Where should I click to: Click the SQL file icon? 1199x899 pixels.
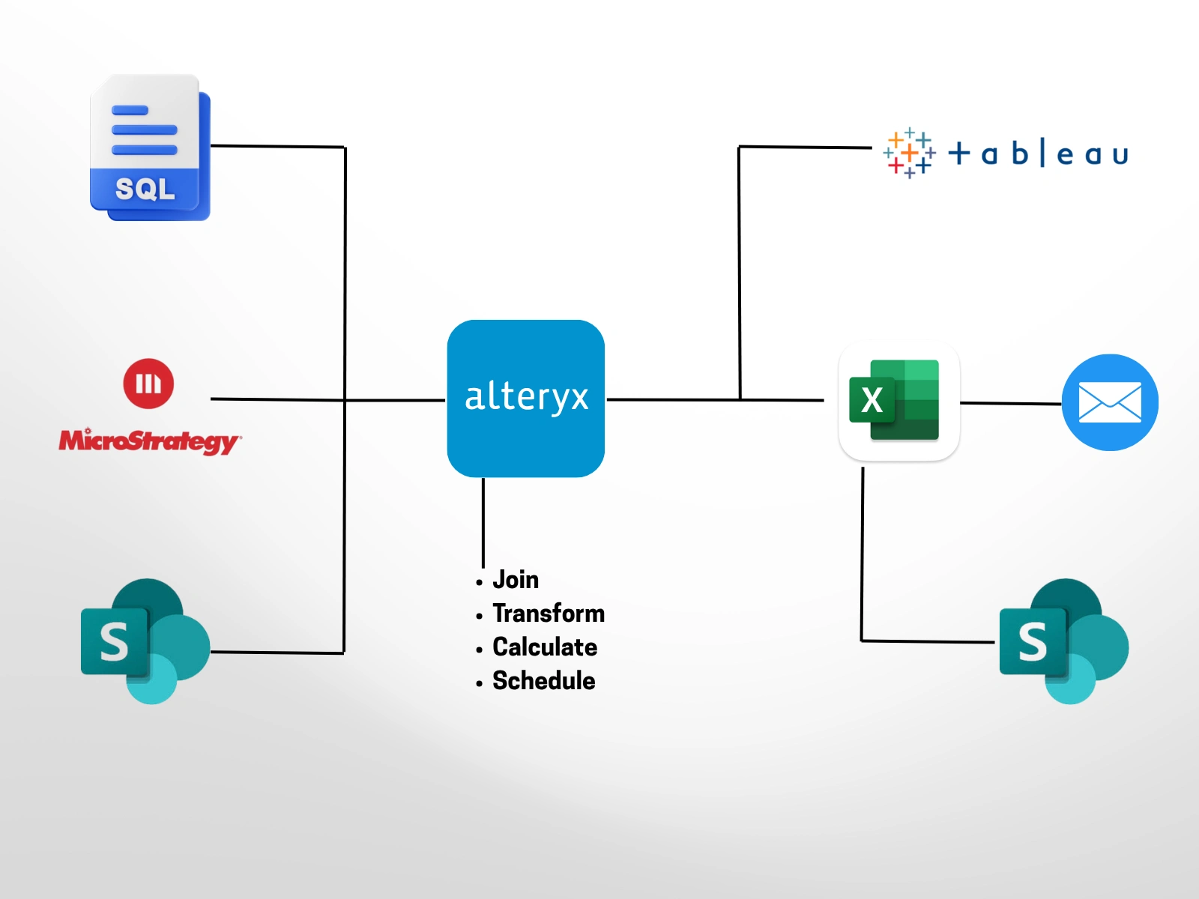[x=149, y=148]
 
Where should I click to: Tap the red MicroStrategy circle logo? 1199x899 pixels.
[x=148, y=384]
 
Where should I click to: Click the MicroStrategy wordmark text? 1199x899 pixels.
[x=149, y=441]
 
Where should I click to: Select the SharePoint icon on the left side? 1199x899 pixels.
[x=145, y=641]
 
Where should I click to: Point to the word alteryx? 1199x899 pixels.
[x=526, y=397]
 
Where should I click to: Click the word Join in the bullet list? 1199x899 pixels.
[x=516, y=580]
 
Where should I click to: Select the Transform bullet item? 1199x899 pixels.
[x=548, y=614]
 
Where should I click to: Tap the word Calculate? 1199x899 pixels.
[x=544, y=647]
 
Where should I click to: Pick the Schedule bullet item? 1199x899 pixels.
[x=543, y=681]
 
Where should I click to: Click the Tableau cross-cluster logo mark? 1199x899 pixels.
[x=909, y=153]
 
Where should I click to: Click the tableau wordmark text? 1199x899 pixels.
[x=1039, y=154]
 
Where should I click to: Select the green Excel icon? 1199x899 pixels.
[x=899, y=401]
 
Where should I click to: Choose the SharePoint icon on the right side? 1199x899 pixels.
[x=1063, y=641]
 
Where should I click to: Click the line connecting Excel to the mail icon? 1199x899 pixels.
[x=1010, y=403]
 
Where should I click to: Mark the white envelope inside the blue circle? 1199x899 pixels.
[x=1110, y=403]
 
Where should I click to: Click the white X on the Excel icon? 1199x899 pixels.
[x=872, y=400]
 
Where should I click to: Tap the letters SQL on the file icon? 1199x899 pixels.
[x=145, y=189]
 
